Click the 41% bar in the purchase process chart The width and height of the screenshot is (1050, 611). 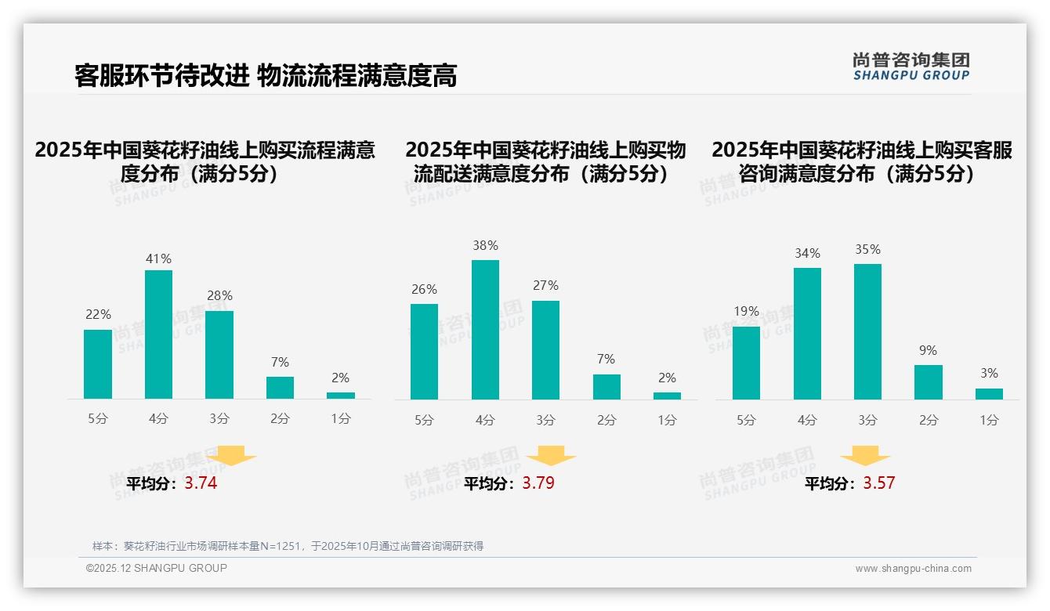click(158, 334)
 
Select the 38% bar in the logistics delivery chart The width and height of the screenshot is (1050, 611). click(485, 330)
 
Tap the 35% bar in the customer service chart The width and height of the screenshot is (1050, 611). click(867, 332)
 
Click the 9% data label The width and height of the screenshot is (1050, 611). click(928, 350)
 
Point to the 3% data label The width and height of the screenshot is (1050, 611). click(989, 373)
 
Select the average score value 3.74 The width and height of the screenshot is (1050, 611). click(201, 483)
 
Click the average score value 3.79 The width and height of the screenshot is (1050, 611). click(538, 483)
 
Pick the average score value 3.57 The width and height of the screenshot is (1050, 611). click(878, 483)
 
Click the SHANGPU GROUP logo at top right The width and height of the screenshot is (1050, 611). click(911, 67)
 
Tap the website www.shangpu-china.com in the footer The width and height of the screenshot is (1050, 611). click(913, 569)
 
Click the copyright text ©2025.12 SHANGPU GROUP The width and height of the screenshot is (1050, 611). click(156, 568)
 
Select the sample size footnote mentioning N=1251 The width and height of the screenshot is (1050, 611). click(288, 546)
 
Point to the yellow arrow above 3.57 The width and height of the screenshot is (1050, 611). click(865, 457)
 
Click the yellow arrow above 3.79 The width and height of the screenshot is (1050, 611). click(551, 457)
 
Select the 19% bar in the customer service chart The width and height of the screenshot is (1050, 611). click(746, 363)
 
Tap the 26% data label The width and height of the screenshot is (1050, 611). click(424, 289)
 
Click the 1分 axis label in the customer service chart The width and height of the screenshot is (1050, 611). click(989, 420)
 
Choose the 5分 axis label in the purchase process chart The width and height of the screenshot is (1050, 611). click(98, 418)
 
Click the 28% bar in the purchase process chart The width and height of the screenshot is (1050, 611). click(219, 355)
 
